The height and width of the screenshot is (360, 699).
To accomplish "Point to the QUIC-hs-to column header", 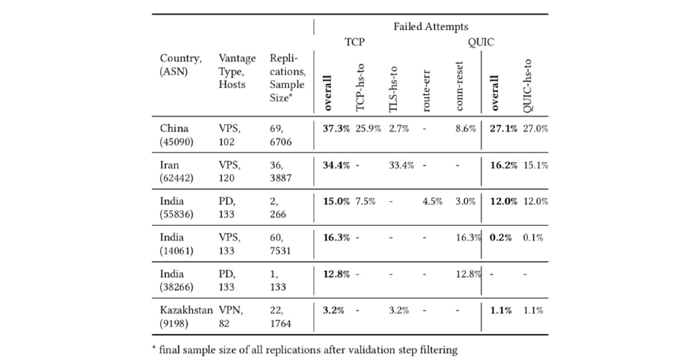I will [x=528, y=85].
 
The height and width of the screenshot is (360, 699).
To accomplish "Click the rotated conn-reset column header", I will [x=459, y=87].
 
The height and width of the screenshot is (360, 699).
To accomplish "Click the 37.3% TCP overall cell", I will [x=336, y=129].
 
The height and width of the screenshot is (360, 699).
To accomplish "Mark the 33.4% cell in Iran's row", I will [x=402, y=166].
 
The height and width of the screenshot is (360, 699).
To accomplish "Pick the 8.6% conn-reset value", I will [x=465, y=129].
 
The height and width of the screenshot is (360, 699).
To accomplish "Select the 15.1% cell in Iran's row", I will [x=535, y=166].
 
